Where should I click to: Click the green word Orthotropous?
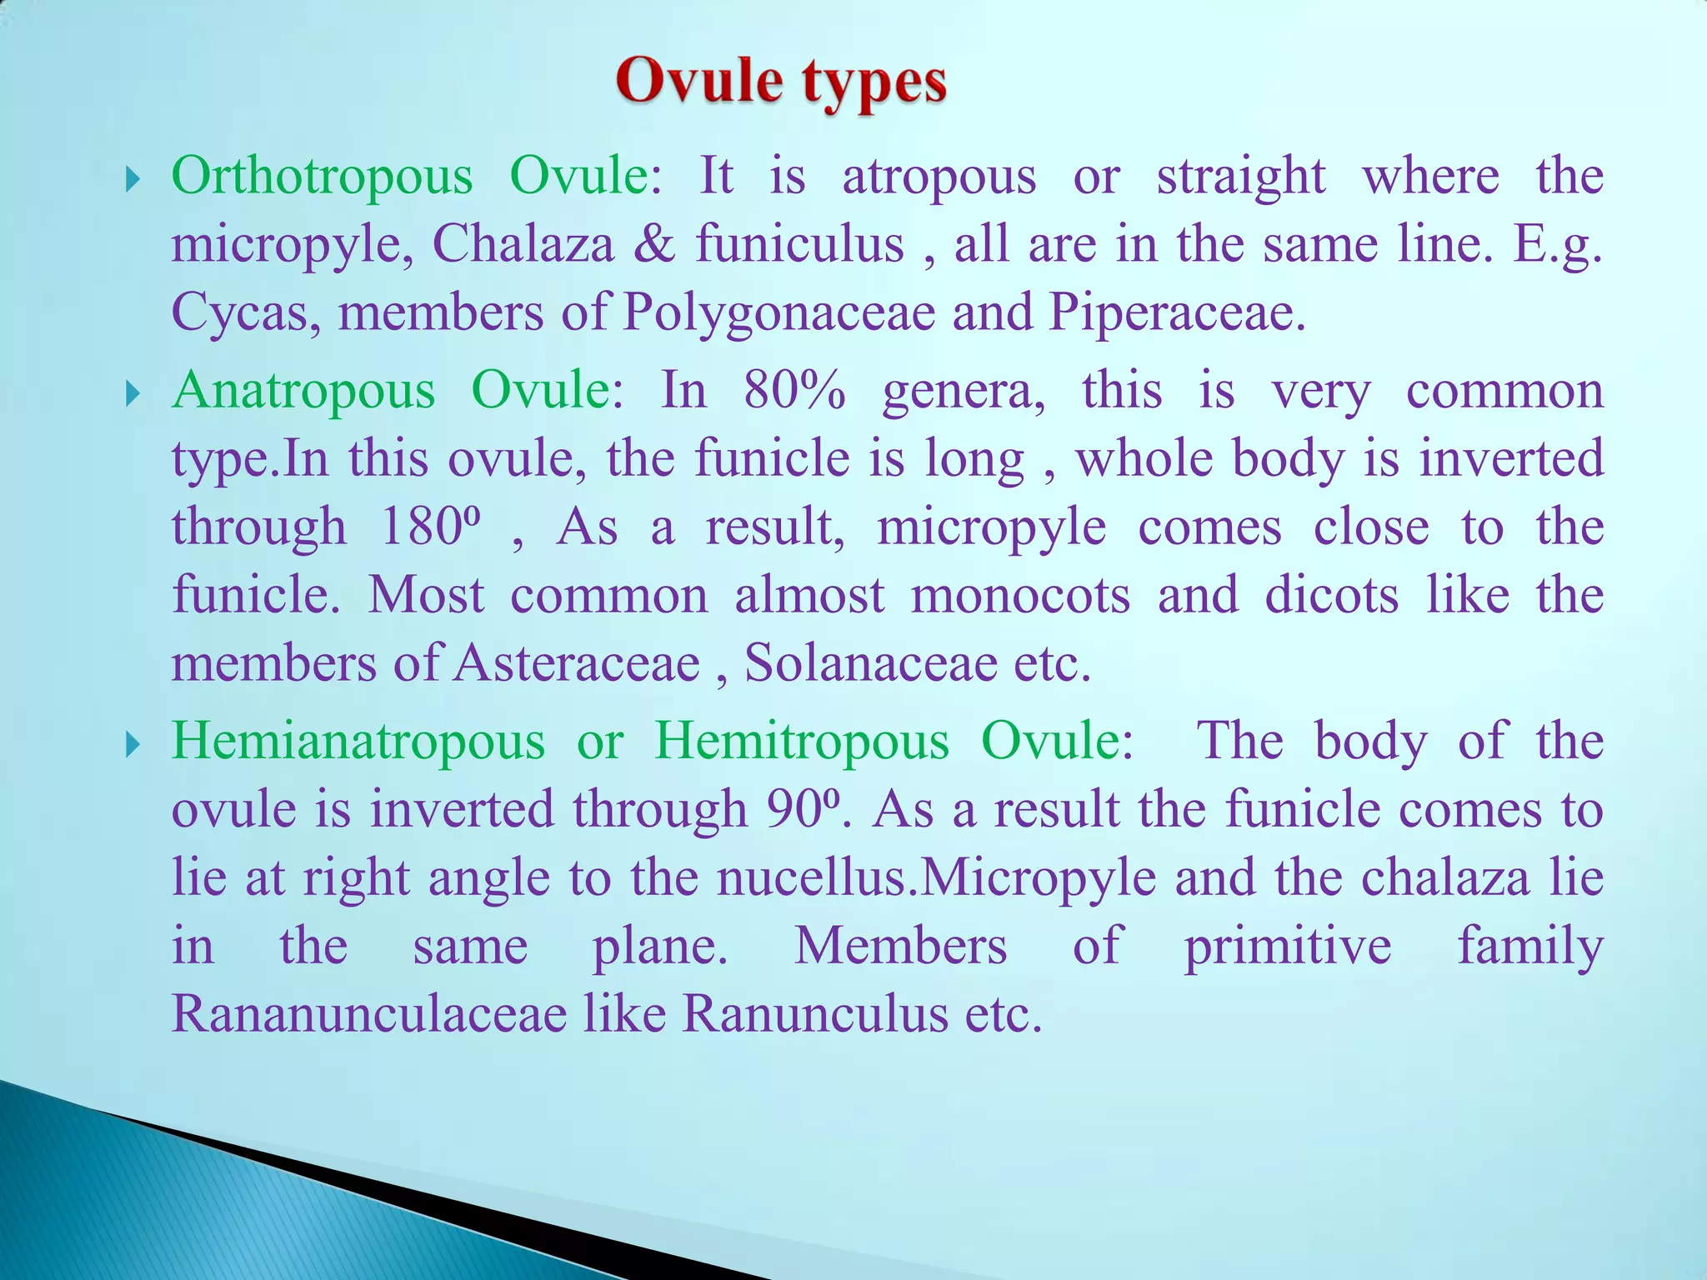pos(322,176)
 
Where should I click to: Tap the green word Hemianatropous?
pos(358,741)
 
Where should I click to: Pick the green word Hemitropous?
pos(801,741)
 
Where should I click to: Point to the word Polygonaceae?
pos(779,313)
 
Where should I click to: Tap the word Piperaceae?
pos(1176,313)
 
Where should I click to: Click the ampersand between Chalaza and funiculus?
pos(654,244)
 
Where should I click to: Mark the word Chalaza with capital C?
pos(523,244)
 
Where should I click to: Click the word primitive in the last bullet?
pos(1288,947)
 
